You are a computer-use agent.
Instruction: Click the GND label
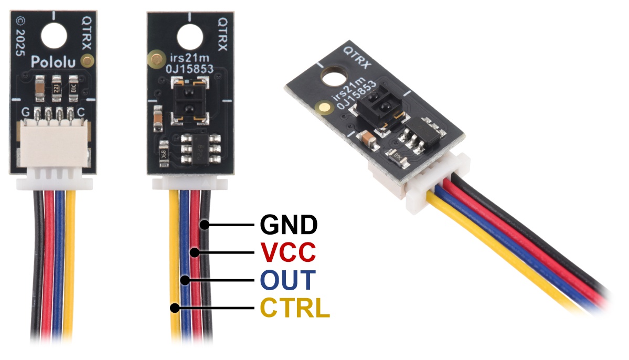click(x=289, y=225)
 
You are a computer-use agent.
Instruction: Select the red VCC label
click(x=288, y=252)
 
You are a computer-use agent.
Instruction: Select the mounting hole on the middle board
click(x=189, y=36)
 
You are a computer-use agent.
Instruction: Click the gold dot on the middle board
click(x=155, y=57)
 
